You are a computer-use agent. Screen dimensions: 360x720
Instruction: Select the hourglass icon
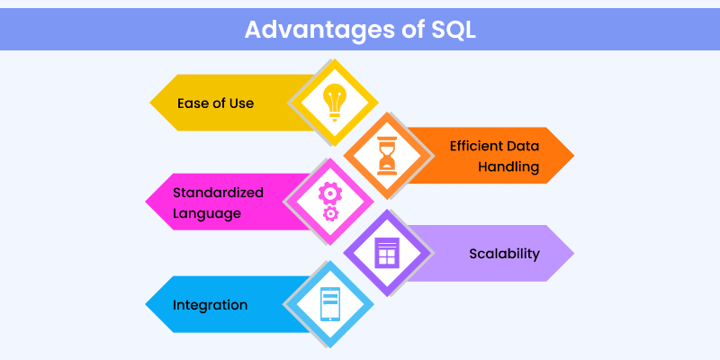pos(385,153)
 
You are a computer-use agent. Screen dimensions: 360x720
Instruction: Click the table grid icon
pos(385,253)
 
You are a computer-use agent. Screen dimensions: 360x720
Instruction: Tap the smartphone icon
pos(331,304)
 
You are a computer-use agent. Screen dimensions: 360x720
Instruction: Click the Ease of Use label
pos(215,103)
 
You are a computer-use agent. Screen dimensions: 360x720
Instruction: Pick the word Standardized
pos(218,193)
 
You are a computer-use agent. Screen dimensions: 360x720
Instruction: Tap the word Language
pos(208,214)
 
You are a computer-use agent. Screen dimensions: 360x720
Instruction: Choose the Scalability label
pos(504,254)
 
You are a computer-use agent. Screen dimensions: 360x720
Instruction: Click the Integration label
pos(210,305)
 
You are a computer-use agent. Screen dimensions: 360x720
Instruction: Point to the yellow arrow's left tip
pos(150,103)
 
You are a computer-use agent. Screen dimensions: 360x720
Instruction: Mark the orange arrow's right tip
pos(573,156)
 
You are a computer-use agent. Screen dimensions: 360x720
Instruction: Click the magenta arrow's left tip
pos(147,203)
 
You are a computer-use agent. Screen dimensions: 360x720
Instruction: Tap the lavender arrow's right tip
pos(573,254)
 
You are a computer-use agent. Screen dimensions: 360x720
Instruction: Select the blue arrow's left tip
pos(147,305)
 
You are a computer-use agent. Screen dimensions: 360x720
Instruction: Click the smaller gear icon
pos(331,214)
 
